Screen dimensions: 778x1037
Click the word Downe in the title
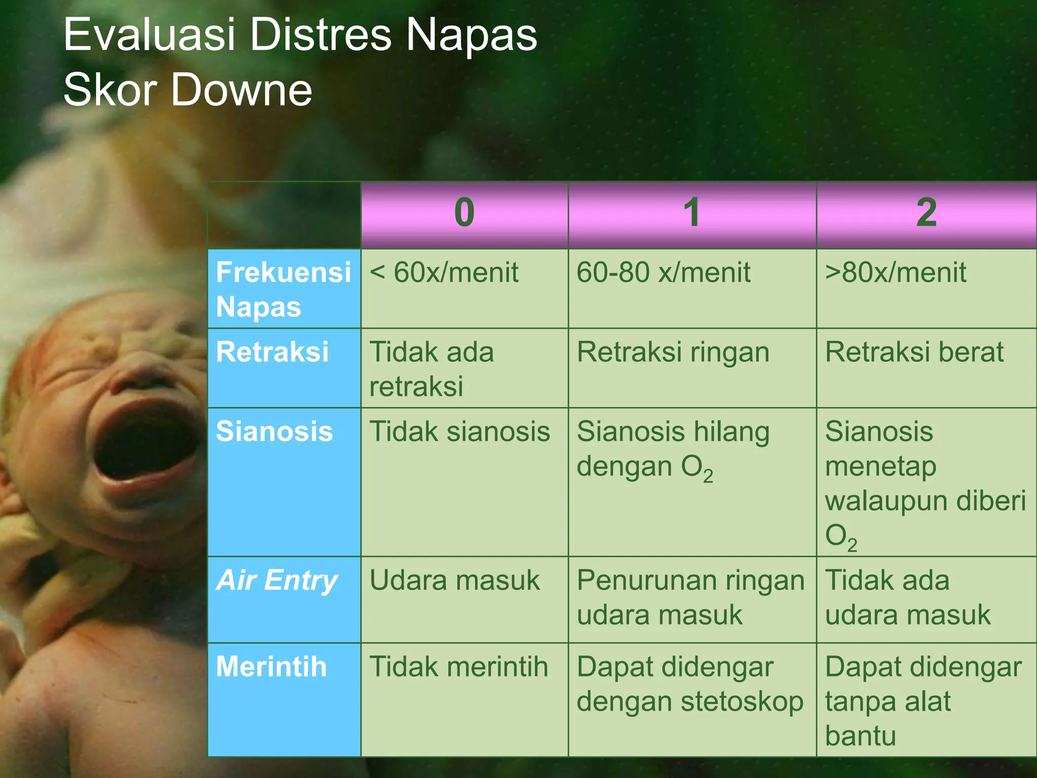click(242, 90)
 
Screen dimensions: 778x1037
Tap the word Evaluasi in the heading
click(149, 35)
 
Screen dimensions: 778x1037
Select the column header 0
click(464, 213)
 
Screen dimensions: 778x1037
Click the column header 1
click(692, 213)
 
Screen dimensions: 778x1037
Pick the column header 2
click(926, 213)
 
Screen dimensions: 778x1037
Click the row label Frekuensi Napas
click(283, 289)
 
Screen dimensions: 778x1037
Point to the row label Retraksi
click(272, 352)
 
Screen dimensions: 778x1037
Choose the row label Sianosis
click(274, 432)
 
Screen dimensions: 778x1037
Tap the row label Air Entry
click(276, 580)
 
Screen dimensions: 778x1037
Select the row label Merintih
click(271, 667)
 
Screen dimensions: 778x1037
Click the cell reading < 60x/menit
click(444, 273)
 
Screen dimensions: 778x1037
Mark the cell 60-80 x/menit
click(663, 273)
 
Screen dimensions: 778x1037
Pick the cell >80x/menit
click(896, 273)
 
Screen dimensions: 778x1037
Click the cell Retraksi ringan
click(673, 352)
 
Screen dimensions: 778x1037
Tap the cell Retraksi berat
click(914, 352)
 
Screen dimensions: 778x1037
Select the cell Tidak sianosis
click(460, 432)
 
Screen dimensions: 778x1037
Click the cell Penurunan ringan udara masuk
click(690, 598)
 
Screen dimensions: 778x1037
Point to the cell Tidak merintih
click(459, 667)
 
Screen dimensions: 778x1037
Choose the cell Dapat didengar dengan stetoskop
click(690, 684)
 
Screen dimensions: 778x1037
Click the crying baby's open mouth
click(147, 441)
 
